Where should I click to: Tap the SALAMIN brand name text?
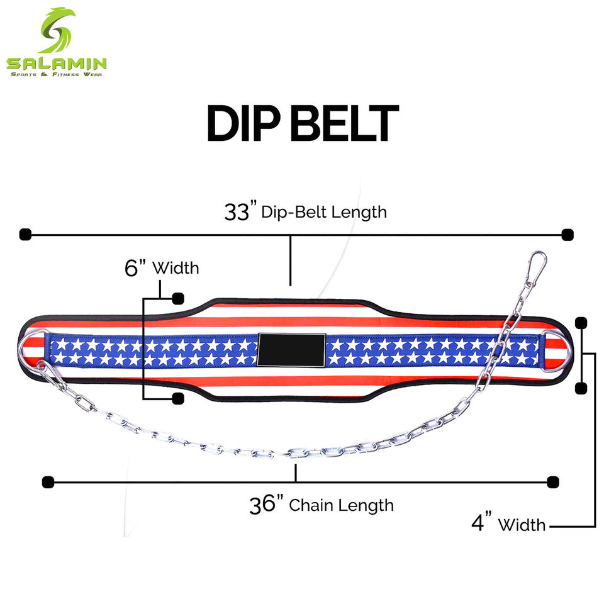pos(57,64)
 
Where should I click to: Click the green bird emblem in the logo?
pos(57,30)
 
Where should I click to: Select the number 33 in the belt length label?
pos(237,211)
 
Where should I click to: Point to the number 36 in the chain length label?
pos(262,505)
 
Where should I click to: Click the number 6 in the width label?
pos(131,268)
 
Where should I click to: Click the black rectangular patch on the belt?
pos(291,349)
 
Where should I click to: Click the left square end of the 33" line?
pos(25,235)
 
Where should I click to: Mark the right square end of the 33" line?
pos(568,235)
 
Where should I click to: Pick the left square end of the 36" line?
pos(48,483)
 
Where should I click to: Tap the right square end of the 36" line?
pos(553,483)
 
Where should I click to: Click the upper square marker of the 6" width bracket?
pos(178,298)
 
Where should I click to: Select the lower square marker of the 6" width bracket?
pos(178,398)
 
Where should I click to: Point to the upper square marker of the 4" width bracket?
pos(581,323)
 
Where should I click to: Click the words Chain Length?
pos(341,505)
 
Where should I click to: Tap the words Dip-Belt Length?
pos(324,212)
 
